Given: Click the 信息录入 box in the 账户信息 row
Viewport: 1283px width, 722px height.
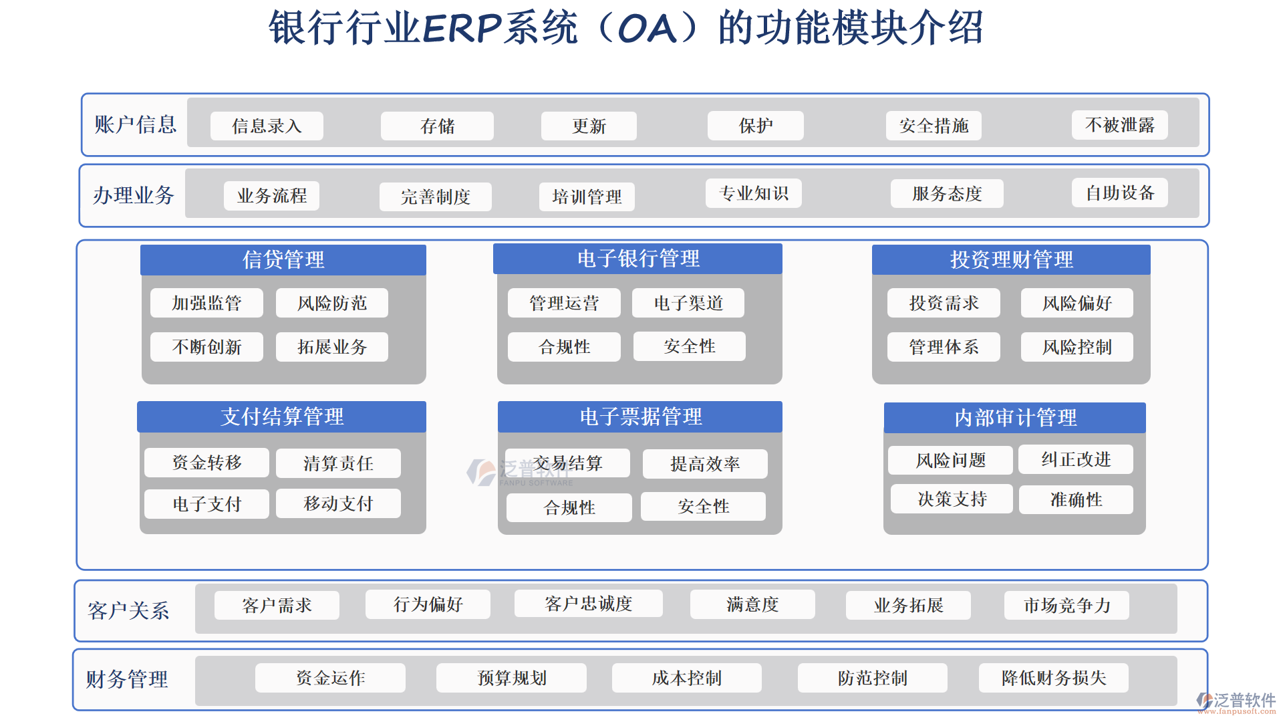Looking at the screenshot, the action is (267, 126).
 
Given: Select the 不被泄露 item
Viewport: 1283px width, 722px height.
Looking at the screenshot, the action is (1120, 125).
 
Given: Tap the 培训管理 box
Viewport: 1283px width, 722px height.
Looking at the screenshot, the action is (587, 197).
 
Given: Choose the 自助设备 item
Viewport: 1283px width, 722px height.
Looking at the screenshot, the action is (1120, 193).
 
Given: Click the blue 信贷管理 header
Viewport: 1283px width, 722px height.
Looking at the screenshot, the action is (283, 259).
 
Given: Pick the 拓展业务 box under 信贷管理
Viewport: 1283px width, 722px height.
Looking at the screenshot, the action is (332, 347).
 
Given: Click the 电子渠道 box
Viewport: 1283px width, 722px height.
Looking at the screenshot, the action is (688, 303).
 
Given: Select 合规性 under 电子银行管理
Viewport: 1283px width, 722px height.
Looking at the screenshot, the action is (564, 347).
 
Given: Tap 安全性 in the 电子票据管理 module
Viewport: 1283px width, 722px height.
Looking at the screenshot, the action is (703, 507).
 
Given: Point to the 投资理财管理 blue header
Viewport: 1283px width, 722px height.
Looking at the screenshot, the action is (1011, 259).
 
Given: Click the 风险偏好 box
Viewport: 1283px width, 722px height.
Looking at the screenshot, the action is (1077, 303).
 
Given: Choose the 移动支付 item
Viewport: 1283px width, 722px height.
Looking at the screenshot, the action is (338, 503).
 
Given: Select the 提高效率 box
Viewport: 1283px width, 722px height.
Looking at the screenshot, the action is (705, 464).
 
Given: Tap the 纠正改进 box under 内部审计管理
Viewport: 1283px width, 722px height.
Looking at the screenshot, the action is (1076, 459).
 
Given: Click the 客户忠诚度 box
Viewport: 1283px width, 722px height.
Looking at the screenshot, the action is (589, 604).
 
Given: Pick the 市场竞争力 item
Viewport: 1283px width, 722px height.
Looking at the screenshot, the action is (1066, 605).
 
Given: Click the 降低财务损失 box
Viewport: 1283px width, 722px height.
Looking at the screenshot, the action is (1054, 678).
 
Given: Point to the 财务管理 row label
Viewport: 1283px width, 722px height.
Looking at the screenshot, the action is (127, 679).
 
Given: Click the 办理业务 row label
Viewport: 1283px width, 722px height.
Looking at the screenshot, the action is (134, 195).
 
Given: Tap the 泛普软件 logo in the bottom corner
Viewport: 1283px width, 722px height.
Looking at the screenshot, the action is (1236, 702).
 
